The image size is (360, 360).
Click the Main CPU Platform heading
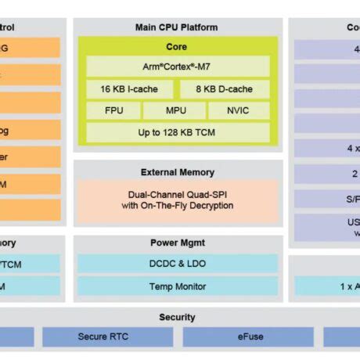click(x=177, y=27)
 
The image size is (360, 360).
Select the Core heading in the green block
click(x=177, y=47)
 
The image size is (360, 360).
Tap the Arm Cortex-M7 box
click(x=178, y=67)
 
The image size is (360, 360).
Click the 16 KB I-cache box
click(x=130, y=89)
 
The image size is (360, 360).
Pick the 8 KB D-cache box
click(x=225, y=89)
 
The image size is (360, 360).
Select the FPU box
click(x=113, y=111)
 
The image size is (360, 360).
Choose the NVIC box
click(x=238, y=111)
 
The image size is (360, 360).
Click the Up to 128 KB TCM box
click(x=178, y=133)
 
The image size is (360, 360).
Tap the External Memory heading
click(x=177, y=172)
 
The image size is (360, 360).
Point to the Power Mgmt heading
click(x=177, y=243)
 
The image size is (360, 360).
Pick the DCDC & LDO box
click(x=177, y=265)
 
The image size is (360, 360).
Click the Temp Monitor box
click(x=177, y=286)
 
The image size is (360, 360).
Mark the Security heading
click(x=177, y=318)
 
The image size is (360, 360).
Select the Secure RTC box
click(x=107, y=337)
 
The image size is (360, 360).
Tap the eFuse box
click(x=250, y=337)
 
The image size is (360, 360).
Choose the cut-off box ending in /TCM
click(x=30, y=265)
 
